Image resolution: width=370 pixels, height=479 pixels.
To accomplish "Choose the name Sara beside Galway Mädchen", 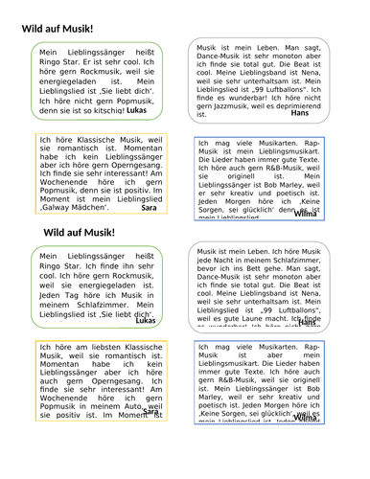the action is tap(149, 207).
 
